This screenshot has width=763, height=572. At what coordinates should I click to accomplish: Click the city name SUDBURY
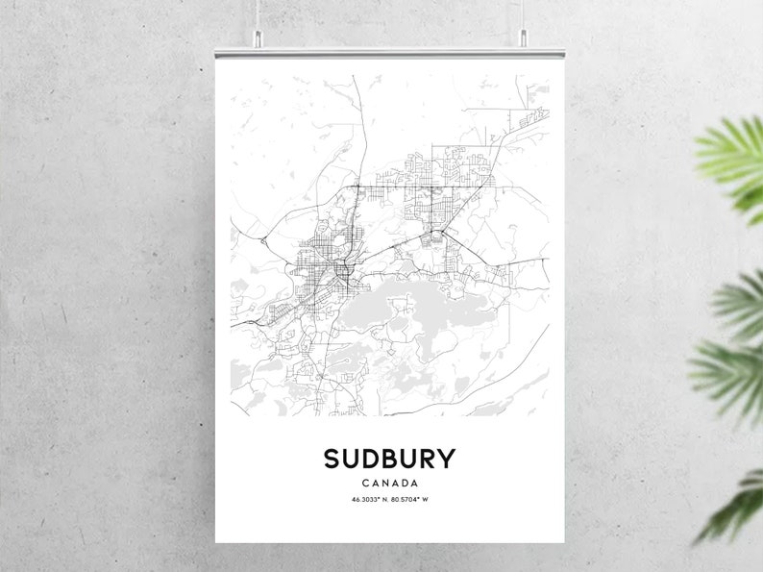389,459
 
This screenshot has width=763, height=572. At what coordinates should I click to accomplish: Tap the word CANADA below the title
390,483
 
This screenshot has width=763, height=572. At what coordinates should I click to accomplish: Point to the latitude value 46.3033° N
367,500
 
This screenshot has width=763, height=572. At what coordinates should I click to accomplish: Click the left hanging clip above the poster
256,39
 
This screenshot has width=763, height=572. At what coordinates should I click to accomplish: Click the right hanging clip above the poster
524,39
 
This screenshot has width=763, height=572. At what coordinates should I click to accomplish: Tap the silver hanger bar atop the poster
389,51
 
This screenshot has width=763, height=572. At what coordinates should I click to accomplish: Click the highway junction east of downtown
438,235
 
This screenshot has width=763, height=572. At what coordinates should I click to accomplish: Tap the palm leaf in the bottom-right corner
735,505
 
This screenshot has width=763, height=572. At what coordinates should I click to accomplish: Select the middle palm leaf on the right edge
730,356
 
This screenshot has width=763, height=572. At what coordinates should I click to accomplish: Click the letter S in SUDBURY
333,459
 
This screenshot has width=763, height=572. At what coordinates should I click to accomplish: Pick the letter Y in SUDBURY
445,459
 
